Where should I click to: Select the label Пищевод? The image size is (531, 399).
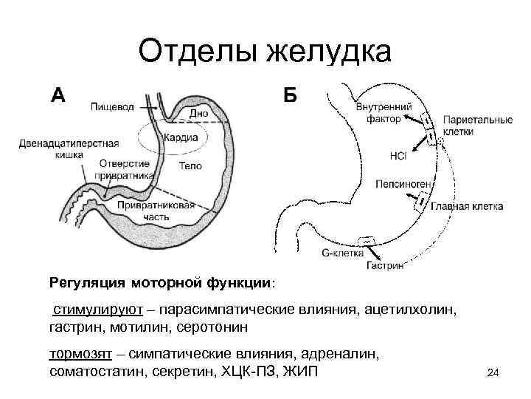pos(112,107)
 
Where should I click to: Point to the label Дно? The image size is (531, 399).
pos(198,114)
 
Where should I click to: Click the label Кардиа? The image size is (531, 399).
pos(181,138)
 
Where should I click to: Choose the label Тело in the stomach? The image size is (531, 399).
pos(191,166)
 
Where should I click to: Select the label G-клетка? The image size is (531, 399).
pos(344,252)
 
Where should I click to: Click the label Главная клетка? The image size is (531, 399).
pos(467,206)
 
